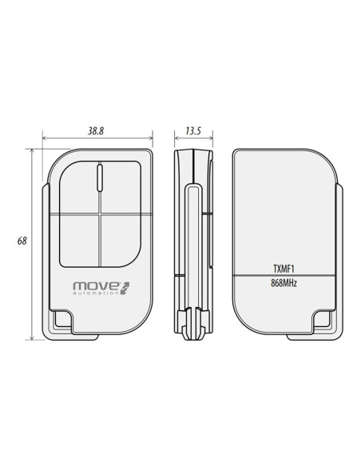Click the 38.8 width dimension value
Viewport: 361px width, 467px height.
click(x=97, y=130)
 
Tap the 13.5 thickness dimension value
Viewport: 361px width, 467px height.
click(x=192, y=130)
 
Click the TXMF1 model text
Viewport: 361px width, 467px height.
click(x=284, y=269)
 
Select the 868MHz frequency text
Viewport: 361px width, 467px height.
click(x=284, y=283)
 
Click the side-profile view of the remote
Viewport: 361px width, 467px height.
click(x=192, y=240)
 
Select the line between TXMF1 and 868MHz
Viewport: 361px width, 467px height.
click(x=284, y=276)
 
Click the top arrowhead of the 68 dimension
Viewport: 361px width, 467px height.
click(x=33, y=150)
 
